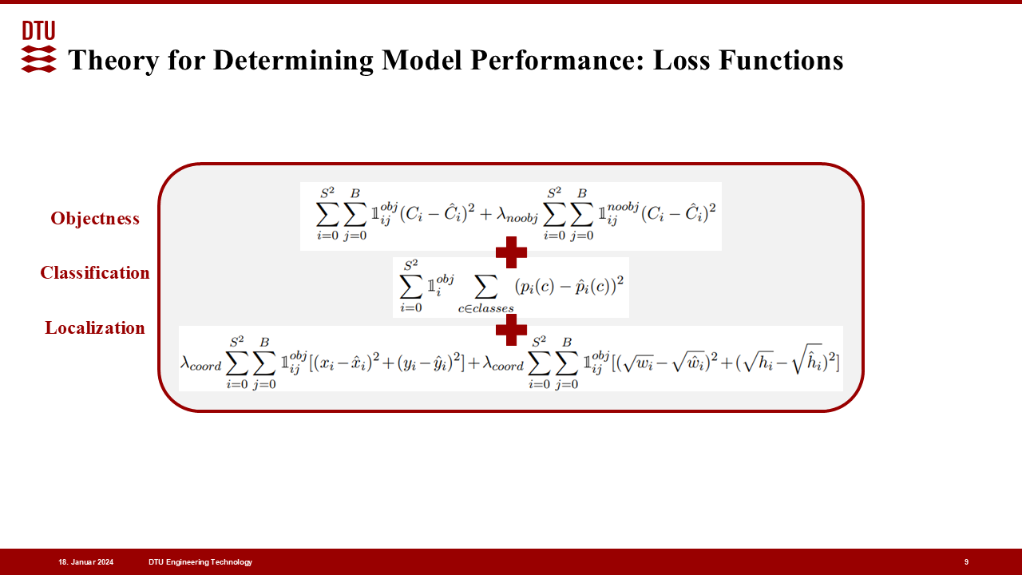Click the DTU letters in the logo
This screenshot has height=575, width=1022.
39,30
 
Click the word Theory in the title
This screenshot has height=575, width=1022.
113,60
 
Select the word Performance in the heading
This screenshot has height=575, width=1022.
557,60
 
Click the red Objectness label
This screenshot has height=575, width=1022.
95,219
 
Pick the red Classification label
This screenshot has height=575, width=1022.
95,272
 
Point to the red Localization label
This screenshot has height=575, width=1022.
95,327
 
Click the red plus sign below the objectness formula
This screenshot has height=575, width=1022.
511,252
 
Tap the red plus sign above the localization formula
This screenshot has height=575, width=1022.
511,330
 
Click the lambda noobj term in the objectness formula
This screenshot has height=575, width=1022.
517,215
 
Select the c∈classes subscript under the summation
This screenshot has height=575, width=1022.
486,308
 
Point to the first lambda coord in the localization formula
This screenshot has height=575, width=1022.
200,363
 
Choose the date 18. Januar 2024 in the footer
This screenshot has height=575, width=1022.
85,562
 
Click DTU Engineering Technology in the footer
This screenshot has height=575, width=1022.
200,562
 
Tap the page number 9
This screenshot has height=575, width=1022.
966,562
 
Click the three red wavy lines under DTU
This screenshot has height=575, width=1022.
39,59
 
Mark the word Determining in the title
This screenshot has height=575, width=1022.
293,60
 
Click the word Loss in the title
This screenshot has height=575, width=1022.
682,60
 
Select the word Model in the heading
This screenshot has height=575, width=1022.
422,60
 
